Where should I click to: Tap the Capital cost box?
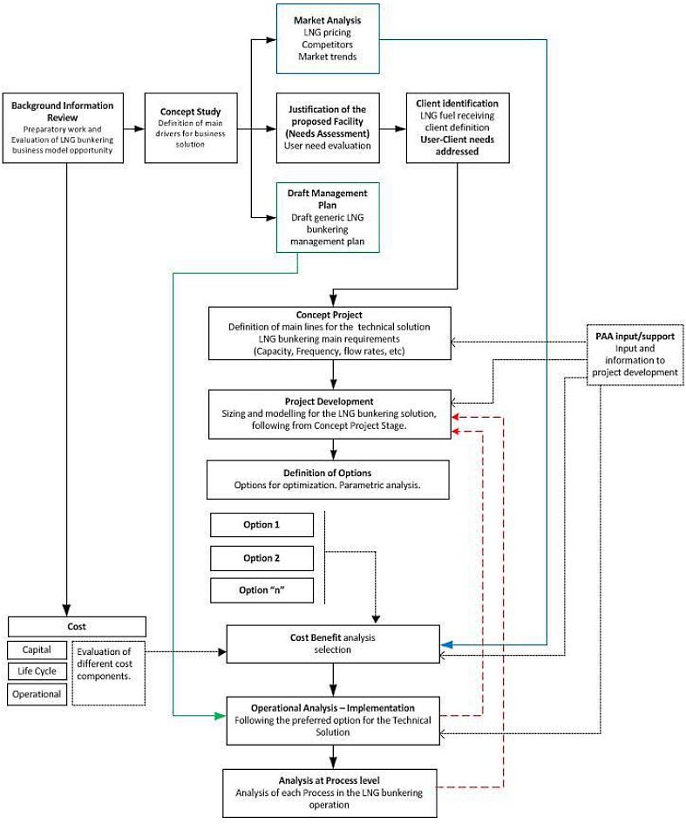click(x=37, y=650)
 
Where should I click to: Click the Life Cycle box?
click(x=37, y=672)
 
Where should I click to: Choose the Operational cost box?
click(x=37, y=695)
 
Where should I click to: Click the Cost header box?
click(x=77, y=627)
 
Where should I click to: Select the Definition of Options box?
click(x=328, y=479)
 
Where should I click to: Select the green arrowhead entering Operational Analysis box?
click(x=221, y=716)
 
